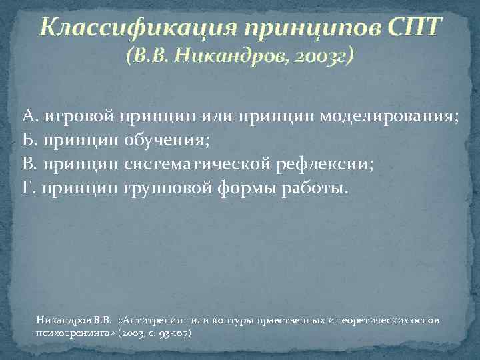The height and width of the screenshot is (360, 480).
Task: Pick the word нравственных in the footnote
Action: coord(283,321)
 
